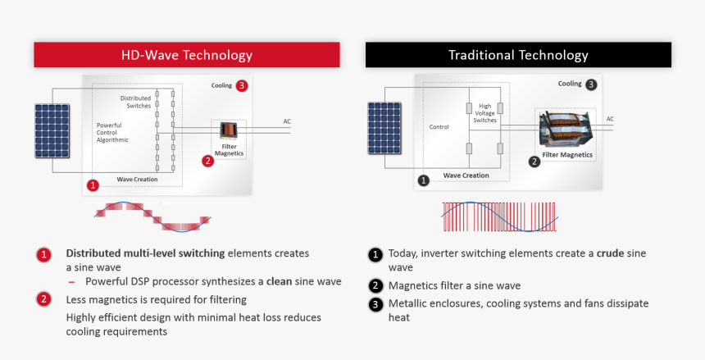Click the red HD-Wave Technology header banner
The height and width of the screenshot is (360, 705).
(x=187, y=55)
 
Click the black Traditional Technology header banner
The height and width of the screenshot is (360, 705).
(x=518, y=55)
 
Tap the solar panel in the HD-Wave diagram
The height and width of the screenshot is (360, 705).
(x=52, y=131)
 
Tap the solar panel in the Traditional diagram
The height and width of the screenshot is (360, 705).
(x=384, y=128)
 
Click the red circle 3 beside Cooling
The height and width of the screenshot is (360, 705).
(x=242, y=85)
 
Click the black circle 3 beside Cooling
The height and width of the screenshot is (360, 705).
(x=591, y=84)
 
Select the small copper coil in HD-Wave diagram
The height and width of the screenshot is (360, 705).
(x=229, y=130)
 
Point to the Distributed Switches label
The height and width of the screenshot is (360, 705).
(x=136, y=102)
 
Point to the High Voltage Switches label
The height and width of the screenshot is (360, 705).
(x=484, y=113)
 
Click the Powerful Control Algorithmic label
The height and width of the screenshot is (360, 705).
(x=112, y=133)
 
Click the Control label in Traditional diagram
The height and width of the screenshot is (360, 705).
(x=439, y=127)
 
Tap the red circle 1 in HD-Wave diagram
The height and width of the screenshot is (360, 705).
(x=93, y=185)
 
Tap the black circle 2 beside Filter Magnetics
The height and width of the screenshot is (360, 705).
(x=534, y=162)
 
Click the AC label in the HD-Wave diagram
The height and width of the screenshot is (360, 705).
(x=287, y=121)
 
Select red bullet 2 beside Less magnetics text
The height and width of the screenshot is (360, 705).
(x=43, y=299)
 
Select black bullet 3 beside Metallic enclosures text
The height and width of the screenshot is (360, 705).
(x=375, y=304)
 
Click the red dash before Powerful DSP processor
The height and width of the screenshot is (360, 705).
(x=71, y=282)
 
